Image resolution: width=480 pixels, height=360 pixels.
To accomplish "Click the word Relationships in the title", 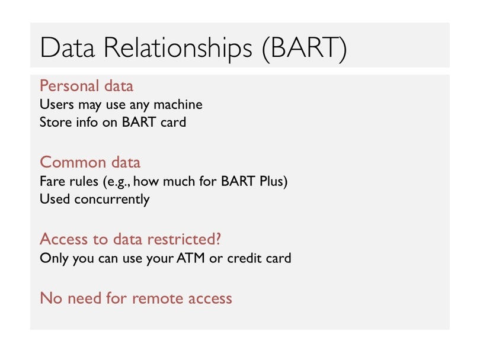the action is click(178, 48).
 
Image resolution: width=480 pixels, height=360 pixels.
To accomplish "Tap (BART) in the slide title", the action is click(305, 49).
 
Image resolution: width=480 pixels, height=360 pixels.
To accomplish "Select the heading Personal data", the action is click(87, 86).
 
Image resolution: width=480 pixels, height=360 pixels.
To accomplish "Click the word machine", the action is click(178, 104).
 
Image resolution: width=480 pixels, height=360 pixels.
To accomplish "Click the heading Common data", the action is click(90, 162).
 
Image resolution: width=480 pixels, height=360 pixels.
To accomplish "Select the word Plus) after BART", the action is click(274, 181).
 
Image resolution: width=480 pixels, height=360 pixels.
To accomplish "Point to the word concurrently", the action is click(112, 200).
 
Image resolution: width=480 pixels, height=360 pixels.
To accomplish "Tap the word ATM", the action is click(190, 258).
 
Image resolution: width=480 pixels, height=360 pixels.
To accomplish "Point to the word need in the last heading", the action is click(85, 298).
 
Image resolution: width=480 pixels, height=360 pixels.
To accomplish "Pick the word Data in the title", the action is click(67, 48).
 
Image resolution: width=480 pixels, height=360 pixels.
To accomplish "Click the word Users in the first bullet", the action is click(57, 104).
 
